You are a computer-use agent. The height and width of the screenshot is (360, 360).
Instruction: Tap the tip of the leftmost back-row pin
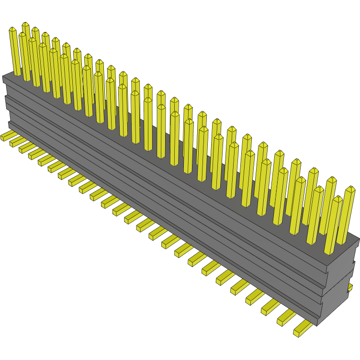(x=25, y=24)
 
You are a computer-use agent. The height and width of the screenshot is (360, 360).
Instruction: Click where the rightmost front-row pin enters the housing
(x=330, y=252)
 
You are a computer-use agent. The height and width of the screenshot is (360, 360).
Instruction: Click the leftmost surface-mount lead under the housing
(x=6, y=136)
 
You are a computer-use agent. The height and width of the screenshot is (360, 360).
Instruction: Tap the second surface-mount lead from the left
(x=15, y=141)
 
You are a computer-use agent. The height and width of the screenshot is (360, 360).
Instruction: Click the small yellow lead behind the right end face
(x=350, y=287)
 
